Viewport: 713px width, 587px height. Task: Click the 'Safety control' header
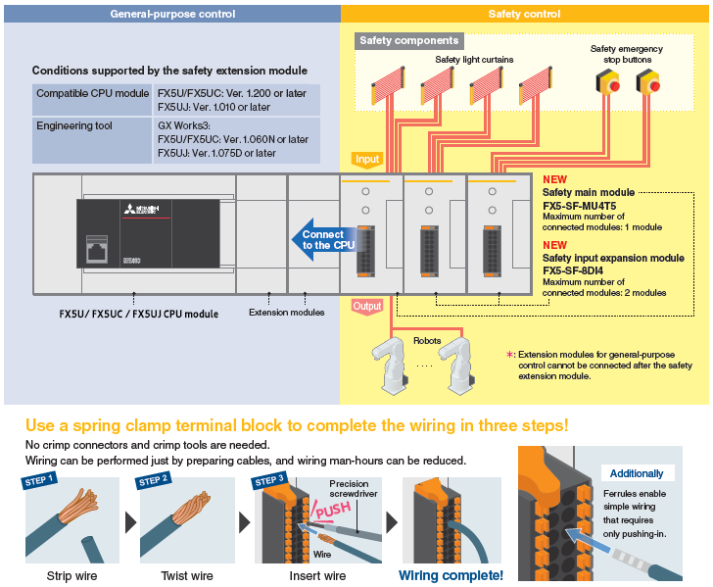pos(524,14)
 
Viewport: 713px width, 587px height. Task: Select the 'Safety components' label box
pos(408,41)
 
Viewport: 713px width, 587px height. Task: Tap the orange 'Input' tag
pos(367,159)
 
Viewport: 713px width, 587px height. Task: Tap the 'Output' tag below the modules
pos(367,307)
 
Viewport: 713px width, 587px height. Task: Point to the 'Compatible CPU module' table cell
pos(92,93)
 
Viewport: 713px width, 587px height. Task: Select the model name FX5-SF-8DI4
pos(585,270)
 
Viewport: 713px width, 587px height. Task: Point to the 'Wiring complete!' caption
pos(451,575)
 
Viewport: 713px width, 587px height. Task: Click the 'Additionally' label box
pos(637,472)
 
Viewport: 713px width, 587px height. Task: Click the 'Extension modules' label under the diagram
pos(286,313)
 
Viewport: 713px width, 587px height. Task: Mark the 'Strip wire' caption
pos(72,575)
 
